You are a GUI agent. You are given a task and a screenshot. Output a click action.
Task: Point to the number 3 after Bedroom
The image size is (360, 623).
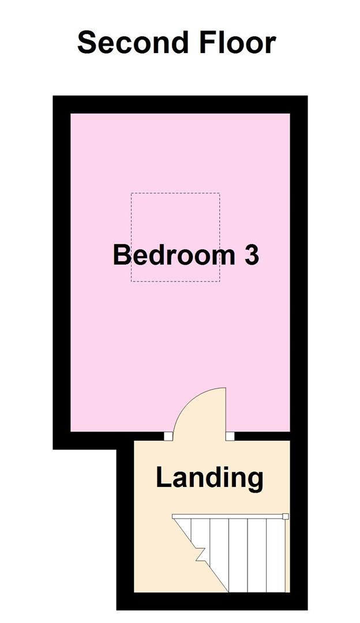[x=251, y=255]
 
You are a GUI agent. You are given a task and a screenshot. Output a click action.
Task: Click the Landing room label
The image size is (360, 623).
[x=209, y=478]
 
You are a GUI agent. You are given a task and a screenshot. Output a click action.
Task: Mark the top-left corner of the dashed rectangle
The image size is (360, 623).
[x=132, y=194]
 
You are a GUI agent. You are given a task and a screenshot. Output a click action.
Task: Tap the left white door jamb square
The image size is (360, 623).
[x=167, y=436]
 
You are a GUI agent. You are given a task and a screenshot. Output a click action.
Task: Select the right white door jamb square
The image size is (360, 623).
[x=230, y=436]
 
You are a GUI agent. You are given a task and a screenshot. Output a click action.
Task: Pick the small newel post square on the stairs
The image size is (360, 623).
[x=285, y=516]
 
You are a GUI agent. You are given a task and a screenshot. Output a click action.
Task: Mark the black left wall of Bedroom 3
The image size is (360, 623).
[x=62, y=271]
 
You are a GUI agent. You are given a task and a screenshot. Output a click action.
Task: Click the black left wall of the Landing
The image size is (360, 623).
[x=125, y=519]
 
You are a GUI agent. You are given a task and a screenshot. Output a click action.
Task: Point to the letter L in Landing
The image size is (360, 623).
[x=163, y=478]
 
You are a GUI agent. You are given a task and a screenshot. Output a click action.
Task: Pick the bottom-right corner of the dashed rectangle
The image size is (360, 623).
[x=219, y=282]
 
